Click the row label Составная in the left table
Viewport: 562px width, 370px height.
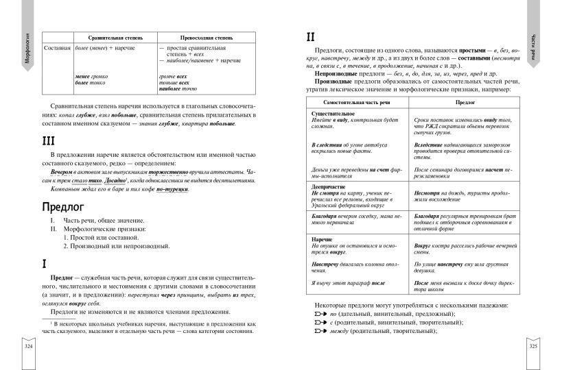(56, 49)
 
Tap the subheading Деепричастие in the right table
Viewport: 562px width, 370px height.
(331, 186)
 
